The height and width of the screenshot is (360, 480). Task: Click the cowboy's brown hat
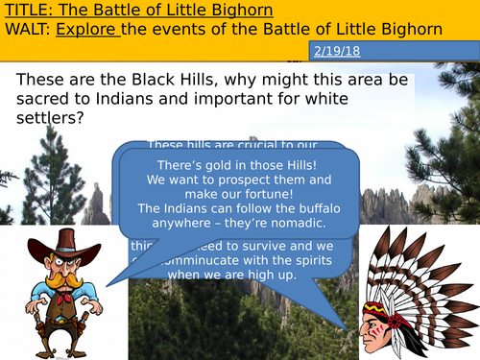pyautogui.click(x=62, y=244)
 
